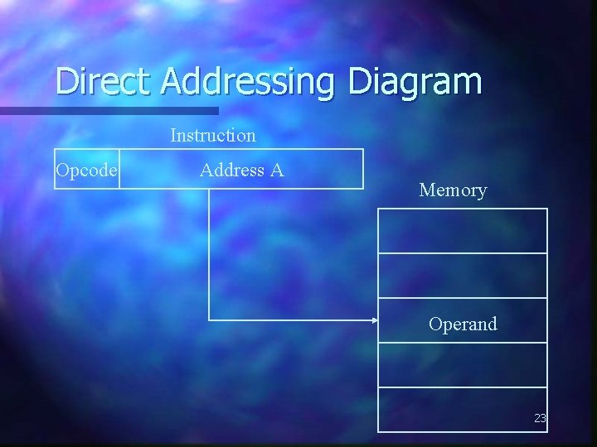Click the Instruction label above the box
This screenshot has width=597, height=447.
[213, 134]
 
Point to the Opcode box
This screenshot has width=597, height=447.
[87, 170]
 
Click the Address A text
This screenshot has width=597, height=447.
[241, 170]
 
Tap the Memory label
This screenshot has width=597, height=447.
[453, 190]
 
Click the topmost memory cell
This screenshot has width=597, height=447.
[463, 231]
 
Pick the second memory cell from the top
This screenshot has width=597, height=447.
[463, 276]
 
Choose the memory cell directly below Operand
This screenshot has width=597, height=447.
[463, 365]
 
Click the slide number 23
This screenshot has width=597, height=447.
[540, 419]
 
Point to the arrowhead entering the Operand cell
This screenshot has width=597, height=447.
[375, 320]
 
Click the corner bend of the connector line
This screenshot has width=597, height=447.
[209, 320]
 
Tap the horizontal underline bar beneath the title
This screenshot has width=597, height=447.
[108, 110]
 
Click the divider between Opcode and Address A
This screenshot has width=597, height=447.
[119, 170]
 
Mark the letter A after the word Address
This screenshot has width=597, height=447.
[277, 170]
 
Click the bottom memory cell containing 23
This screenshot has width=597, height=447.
[463, 410]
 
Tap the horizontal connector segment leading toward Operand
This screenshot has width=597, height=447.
[290, 320]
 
